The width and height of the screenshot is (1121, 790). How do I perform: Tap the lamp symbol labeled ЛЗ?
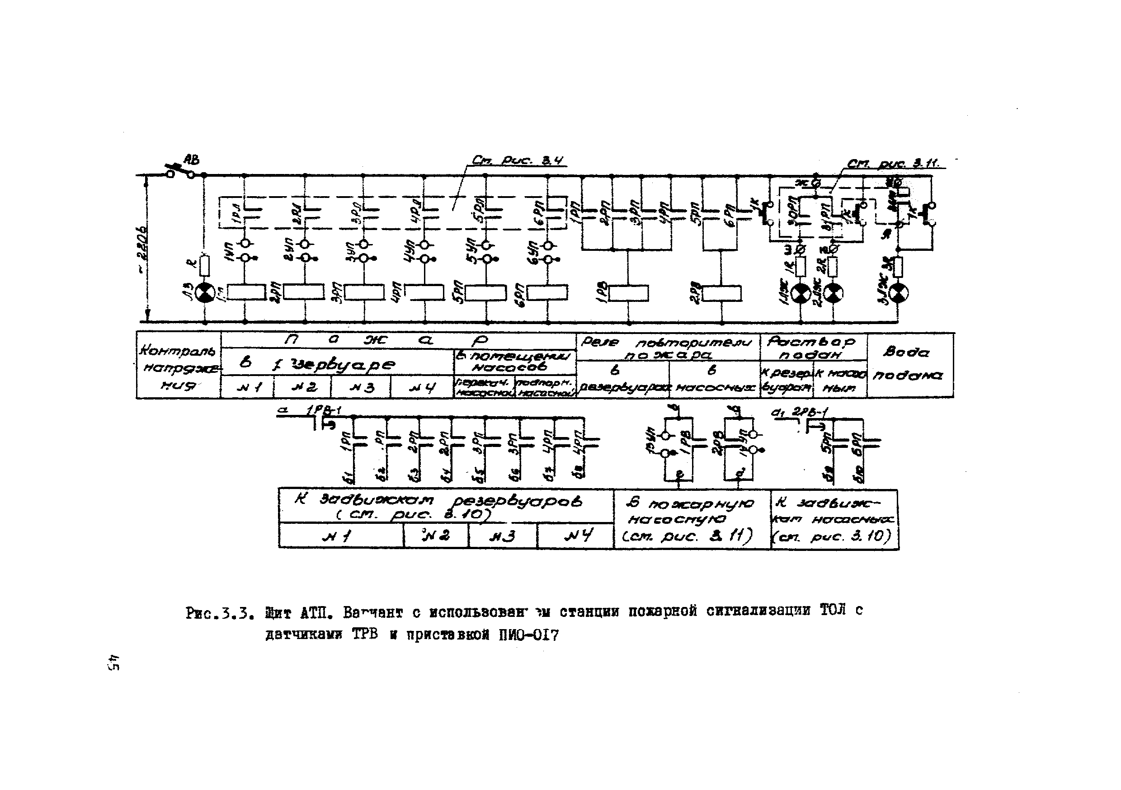(205, 293)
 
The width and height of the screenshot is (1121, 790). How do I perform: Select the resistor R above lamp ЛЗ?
(205, 266)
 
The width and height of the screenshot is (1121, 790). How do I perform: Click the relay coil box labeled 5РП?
(485, 293)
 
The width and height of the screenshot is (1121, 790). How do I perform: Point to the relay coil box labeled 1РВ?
(629, 293)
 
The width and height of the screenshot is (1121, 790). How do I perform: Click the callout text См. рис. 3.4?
(518, 160)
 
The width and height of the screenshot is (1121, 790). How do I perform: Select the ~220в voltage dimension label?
(141, 249)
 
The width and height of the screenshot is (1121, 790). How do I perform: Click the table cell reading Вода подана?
(909, 364)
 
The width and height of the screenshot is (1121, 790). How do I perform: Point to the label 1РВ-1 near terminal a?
(322, 412)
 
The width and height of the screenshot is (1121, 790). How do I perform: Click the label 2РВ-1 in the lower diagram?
(809, 413)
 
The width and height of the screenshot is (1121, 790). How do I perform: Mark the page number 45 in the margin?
(114, 663)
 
